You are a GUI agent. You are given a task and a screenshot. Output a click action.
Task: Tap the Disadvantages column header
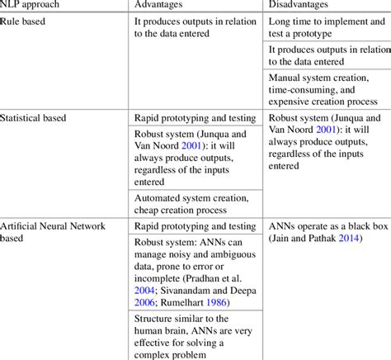tap(304, 7)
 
